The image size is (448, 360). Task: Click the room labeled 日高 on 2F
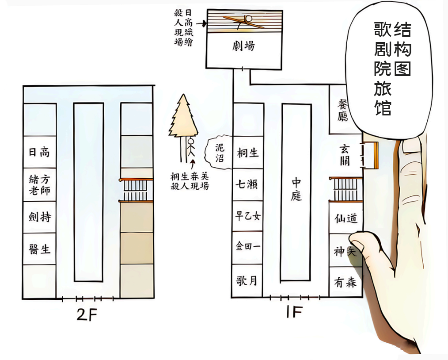[39, 153]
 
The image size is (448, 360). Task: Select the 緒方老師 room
[39, 185]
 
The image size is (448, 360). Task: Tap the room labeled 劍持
[39, 217]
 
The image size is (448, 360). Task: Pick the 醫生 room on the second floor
[39, 249]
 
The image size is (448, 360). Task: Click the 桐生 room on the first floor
[247, 153]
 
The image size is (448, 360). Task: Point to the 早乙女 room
[247, 216]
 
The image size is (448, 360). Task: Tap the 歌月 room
[247, 280]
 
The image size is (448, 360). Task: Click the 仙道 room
[345, 218]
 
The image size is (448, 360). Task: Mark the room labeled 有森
[345, 282]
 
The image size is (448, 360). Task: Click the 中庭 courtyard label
[296, 189]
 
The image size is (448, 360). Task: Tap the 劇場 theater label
[243, 46]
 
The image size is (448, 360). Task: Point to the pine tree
[184, 117]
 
